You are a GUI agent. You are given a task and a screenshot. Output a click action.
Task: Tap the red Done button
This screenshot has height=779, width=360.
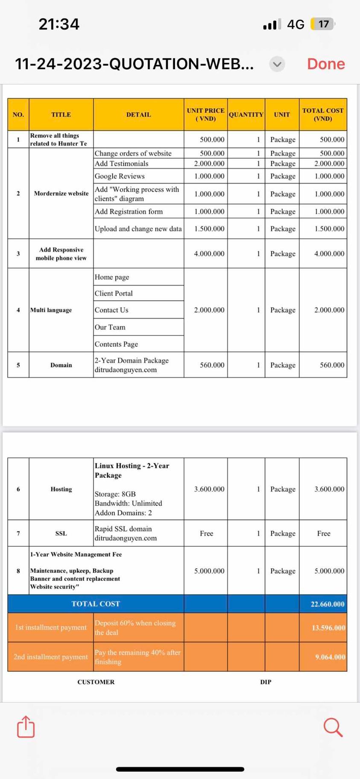click(326, 64)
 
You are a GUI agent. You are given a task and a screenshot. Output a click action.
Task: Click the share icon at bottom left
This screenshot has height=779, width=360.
click(26, 726)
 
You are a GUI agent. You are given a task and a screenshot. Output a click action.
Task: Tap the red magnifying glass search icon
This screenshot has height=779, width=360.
click(333, 727)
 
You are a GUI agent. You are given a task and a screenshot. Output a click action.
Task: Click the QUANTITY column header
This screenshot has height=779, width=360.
click(246, 114)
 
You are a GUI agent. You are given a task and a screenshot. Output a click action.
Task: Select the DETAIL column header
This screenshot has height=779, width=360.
click(138, 114)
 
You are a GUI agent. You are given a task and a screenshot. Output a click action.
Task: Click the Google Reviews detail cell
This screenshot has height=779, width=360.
click(120, 176)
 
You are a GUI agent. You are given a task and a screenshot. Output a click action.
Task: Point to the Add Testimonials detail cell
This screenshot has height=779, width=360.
click(122, 163)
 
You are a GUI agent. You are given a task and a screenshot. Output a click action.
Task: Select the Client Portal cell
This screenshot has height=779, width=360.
click(114, 293)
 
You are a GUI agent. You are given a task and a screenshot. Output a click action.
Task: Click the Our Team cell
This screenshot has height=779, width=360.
click(110, 327)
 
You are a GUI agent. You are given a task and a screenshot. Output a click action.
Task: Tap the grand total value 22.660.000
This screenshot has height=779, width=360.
click(328, 604)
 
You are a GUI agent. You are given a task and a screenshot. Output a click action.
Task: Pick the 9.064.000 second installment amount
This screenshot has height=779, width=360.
click(330, 657)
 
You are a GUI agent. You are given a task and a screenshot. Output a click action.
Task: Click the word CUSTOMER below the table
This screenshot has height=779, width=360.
click(96, 682)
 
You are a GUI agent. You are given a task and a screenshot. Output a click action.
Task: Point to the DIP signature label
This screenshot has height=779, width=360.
click(266, 682)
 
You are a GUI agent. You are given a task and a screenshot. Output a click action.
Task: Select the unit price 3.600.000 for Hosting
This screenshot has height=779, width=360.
click(209, 489)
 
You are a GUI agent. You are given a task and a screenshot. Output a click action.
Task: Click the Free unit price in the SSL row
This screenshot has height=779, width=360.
click(207, 533)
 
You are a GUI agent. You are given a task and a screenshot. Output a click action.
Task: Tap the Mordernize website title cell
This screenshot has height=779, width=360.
click(61, 193)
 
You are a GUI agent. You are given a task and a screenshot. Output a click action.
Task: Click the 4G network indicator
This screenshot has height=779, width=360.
click(296, 24)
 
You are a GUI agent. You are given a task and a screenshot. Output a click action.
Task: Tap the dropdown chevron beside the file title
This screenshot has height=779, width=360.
click(277, 64)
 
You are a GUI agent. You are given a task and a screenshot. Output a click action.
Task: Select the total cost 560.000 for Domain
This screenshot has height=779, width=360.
click(332, 365)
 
